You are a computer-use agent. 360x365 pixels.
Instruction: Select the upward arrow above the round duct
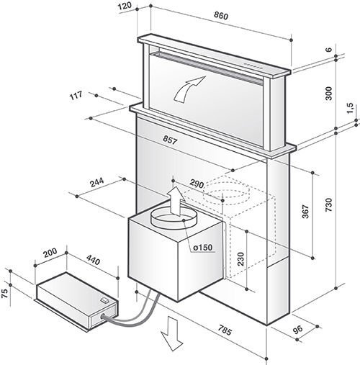(174, 197)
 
